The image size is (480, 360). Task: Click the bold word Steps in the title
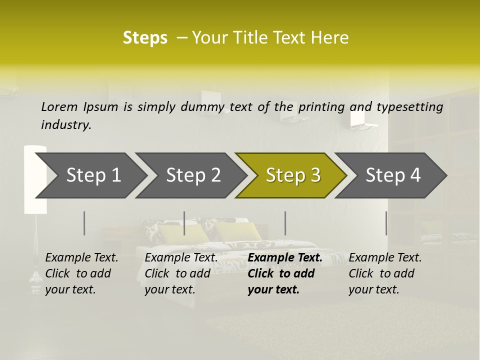[145, 38]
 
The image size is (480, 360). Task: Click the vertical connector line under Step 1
[84, 223]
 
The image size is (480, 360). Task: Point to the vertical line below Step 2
[184, 223]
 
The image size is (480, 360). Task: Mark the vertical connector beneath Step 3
[285, 223]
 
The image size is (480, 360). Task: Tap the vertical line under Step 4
[386, 223]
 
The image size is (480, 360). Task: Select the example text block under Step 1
[81, 273]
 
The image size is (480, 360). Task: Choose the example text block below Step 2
[181, 273]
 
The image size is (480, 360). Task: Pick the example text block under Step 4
[385, 273]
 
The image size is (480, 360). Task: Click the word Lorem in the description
[59, 106]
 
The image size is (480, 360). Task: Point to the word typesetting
[409, 107]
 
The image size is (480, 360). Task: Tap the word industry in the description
[66, 125]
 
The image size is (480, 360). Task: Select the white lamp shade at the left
[35, 180]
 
